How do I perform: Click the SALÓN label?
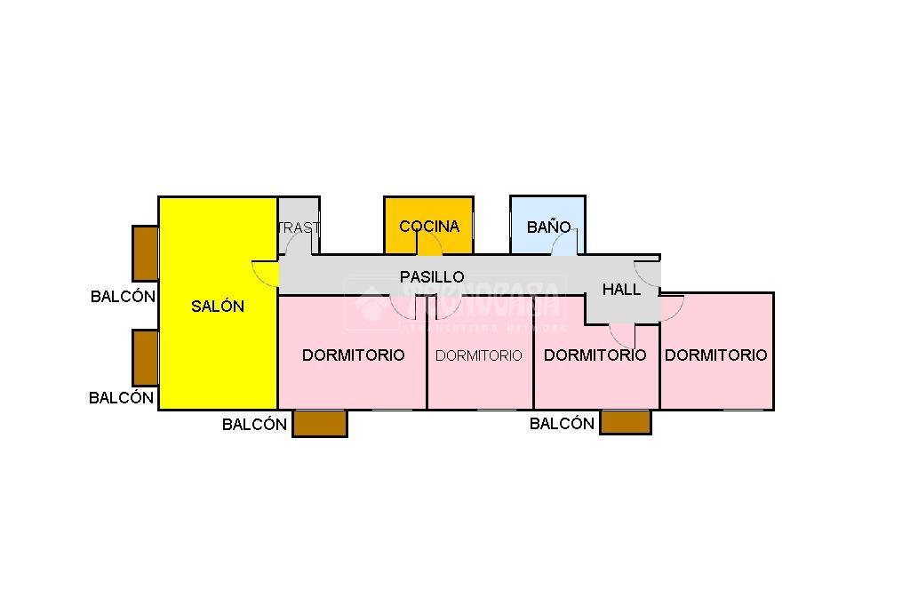[218, 307]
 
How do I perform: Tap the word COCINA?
[429, 227]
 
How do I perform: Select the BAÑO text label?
[548, 227]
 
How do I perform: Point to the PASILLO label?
[432, 277]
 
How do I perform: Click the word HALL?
[621, 290]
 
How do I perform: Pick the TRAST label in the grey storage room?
[298, 227]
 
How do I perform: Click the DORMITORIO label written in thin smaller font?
[479, 355]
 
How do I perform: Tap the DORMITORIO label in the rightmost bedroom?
[715, 355]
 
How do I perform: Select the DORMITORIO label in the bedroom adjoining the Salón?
[353, 355]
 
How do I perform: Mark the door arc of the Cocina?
[430, 244]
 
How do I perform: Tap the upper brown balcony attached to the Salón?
[145, 253]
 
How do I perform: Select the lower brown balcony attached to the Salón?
[145, 357]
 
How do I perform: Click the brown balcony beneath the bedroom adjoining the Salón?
[320, 423]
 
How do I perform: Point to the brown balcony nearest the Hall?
[626, 421]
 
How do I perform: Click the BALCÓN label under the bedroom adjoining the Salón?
[254, 425]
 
